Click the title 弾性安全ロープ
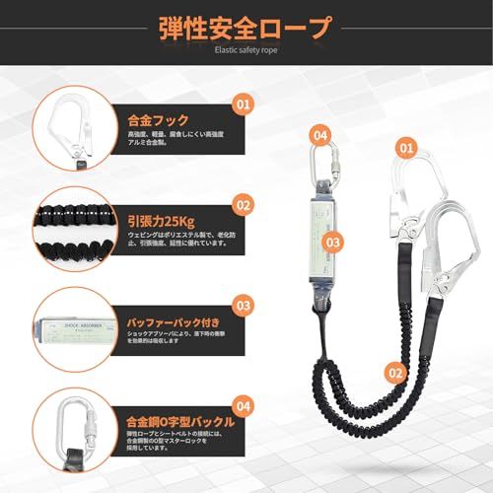click(246, 29)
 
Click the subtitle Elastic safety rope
click(246, 57)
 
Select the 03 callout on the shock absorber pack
click(333, 240)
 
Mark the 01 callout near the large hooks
click(403, 148)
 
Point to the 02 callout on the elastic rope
click(395, 373)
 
